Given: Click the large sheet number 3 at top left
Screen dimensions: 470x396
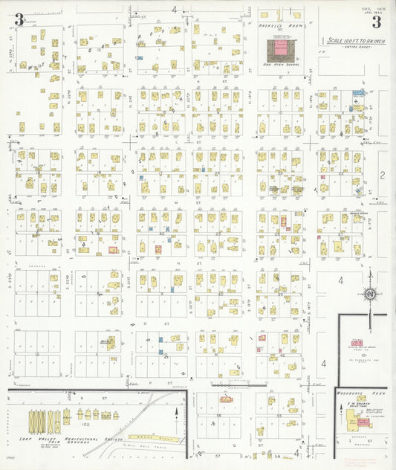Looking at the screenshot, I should point(19,20).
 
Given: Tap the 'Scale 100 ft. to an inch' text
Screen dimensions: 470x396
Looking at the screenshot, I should point(354,41).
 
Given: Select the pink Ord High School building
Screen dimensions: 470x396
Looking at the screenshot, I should point(280,49).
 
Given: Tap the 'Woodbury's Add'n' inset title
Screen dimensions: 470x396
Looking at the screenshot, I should point(360,394).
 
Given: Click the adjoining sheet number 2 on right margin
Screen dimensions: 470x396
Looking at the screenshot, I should point(381,176).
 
